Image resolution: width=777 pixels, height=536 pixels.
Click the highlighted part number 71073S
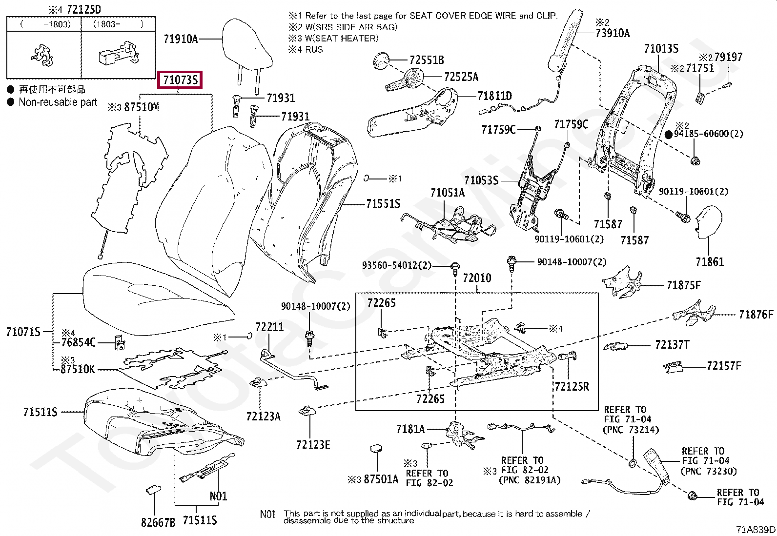(x=181, y=79)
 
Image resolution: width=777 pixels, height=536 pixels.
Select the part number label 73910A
(x=613, y=33)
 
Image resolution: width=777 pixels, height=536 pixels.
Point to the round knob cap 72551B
(x=380, y=61)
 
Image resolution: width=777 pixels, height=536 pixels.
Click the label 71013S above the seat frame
(x=661, y=48)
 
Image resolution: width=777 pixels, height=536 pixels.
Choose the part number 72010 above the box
(x=477, y=278)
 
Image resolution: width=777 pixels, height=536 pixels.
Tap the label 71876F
(x=756, y=315)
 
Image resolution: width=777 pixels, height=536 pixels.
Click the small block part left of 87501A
(x=377, y=448)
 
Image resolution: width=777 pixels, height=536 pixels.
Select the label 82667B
(x=158, y=522)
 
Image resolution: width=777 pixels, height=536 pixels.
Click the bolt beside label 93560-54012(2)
(x=455, y=266)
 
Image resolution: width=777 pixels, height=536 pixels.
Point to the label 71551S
(x=383, y=204)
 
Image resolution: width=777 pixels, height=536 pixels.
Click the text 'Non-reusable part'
(x=58, y=102)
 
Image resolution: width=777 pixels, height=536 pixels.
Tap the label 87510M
(x=142, y=107)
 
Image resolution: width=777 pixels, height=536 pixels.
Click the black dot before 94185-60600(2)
(x=669, y=134)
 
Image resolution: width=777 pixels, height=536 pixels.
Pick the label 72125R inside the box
(x=572, y=387)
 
